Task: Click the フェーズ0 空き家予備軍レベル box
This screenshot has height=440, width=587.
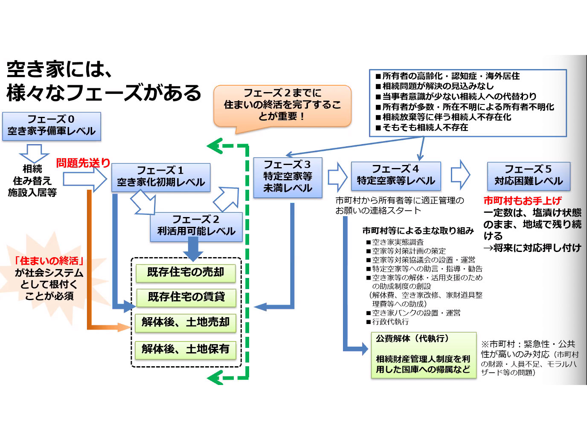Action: point(52,126)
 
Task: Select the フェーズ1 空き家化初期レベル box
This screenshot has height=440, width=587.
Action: point(161,177)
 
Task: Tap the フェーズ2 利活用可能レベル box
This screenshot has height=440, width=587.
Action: point(196,226)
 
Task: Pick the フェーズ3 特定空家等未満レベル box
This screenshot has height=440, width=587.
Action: point(288,177)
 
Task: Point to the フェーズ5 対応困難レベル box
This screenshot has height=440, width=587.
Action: point(529,176)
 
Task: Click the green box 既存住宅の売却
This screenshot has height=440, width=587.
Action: point(186,273)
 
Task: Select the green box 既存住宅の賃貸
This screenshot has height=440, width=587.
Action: point(186,297)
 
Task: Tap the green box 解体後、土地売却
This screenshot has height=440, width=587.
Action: point(186,323)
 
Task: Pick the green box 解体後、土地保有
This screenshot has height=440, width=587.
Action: point(186,350)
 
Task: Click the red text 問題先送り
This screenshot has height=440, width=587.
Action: point(83,163)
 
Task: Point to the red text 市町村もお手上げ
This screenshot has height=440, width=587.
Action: point(522,200)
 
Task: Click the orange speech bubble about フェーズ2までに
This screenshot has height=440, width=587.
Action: point(282,105)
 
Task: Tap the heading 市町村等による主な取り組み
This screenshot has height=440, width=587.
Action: point(418,231)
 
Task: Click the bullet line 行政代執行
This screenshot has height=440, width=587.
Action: point(390,322)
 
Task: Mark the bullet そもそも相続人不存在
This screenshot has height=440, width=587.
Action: point(425,127)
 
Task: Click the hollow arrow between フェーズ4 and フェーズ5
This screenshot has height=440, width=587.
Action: point(460,175)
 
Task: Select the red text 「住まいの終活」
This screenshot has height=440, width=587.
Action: point(49,261)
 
